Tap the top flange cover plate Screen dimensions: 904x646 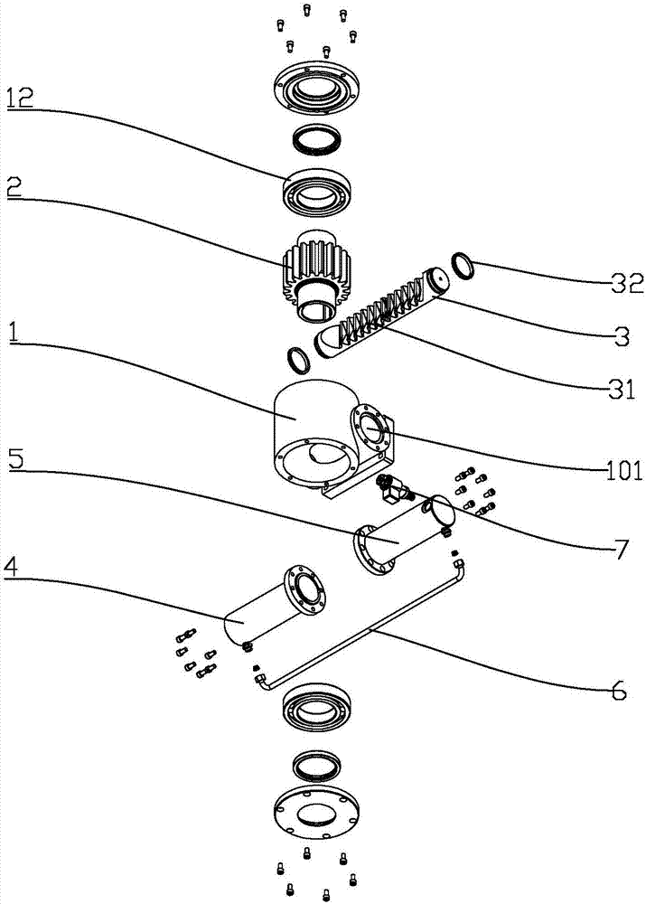(x=316, y=90)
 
